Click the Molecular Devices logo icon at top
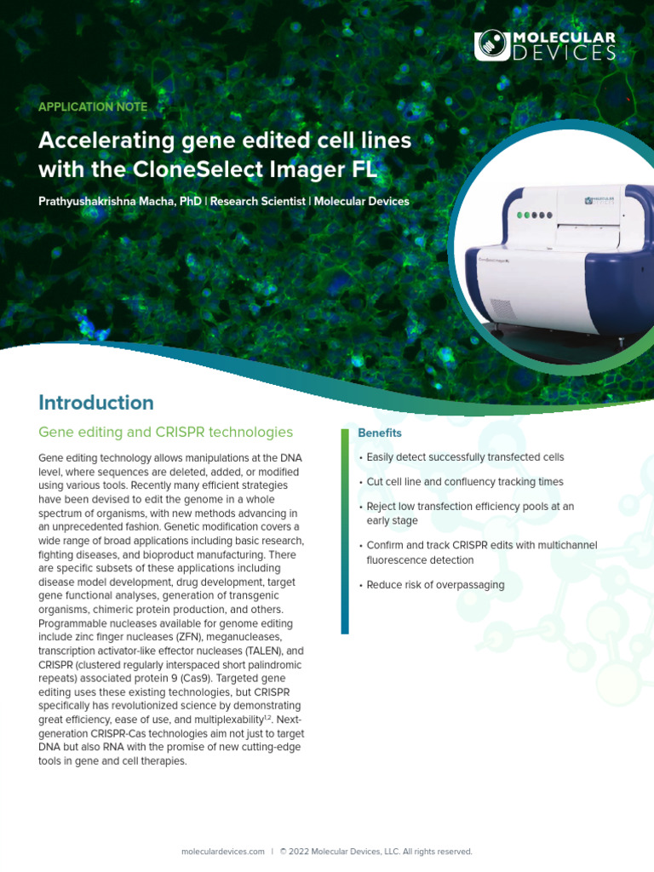pos(491,45)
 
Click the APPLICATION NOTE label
pos(93,107)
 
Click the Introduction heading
pos(96,403)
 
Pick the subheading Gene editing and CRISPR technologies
pos(165,433)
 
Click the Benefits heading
pos(380,433)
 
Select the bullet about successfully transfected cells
pos(465,458)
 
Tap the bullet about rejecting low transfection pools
pos(470,513)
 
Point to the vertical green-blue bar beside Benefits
pos(345,531)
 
